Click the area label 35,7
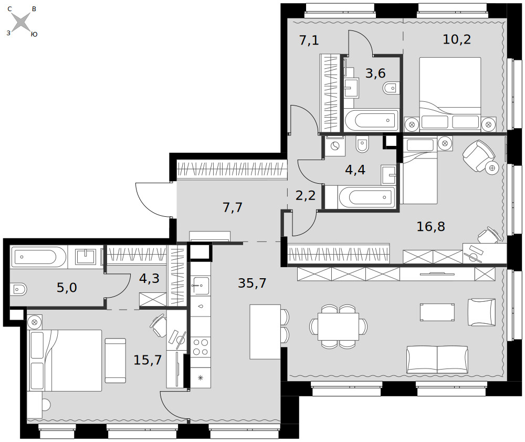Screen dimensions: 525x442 252,283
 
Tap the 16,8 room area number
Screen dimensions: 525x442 430,227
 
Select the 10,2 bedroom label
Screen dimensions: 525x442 457,39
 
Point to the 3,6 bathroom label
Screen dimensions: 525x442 375,73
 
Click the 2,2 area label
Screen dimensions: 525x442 306,195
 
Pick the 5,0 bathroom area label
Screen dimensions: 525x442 67,288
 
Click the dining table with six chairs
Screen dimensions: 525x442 338,326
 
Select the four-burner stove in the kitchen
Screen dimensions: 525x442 201,347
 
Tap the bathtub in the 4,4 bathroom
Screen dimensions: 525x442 366,197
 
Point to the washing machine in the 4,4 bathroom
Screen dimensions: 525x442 335,146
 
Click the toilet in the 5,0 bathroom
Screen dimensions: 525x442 18,289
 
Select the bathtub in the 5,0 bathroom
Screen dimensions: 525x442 38,257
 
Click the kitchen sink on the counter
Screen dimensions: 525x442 201,286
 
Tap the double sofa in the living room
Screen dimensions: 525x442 437,360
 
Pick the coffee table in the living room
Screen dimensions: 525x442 437,312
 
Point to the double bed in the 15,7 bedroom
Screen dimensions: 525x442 65,360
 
